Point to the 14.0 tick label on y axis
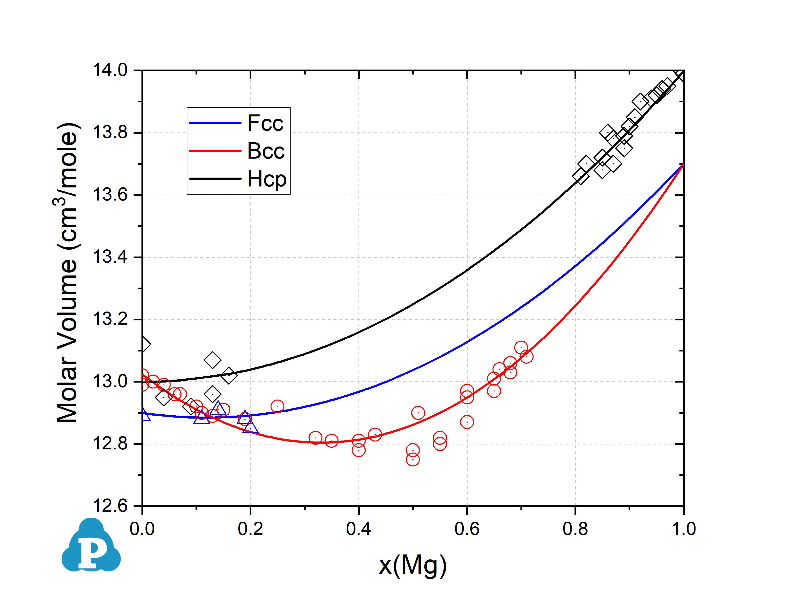tap(110, 70)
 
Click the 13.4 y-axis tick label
tap(110, 257)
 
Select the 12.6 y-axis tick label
tap(110, 506)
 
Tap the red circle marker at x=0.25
tap(277, 406)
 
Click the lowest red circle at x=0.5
tap(413, 460)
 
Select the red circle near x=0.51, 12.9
tap(418, 413)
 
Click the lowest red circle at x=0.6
tap(467, 422)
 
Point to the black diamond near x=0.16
tap(229, 375)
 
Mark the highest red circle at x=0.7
tap(521, 348)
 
